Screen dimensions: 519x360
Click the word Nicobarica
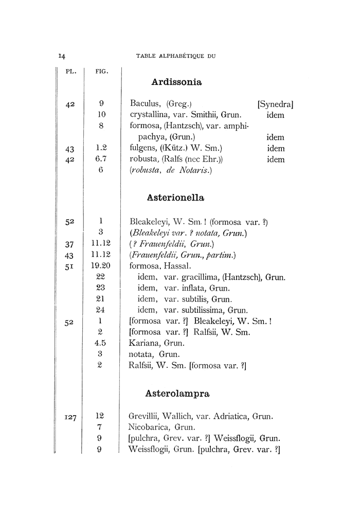(x=147, y=426)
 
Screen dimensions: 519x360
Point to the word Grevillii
(x=146, y=416)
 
